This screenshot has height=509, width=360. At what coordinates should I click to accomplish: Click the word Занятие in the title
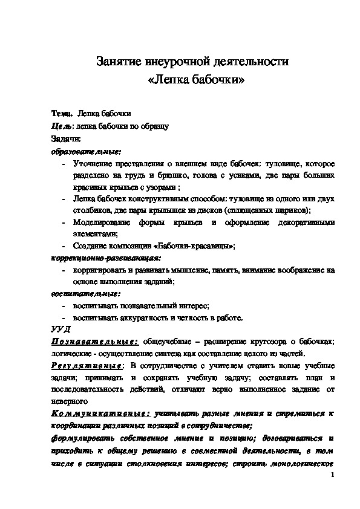(119, 62)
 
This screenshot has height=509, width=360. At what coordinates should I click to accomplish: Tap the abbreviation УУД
(60, 329)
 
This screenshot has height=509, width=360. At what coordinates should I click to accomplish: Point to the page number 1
(333, 476)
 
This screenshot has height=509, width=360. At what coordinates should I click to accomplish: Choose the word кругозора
(275, 342)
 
